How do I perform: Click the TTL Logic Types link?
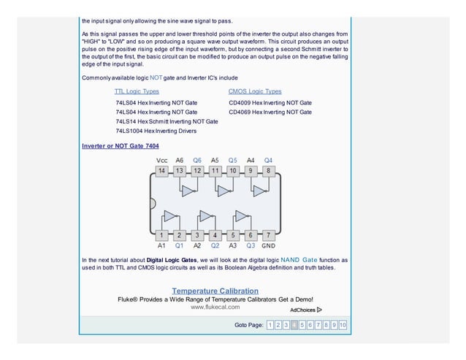137,91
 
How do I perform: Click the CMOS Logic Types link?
254,91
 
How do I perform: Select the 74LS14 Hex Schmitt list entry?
167,121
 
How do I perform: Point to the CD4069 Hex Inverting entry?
270,112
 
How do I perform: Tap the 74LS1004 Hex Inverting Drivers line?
156,131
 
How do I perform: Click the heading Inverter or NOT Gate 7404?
120,146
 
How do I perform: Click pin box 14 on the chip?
161,171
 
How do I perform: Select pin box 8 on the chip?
268,171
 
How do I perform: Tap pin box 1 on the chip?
161,235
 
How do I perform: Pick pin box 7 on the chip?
268,235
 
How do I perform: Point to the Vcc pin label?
161,159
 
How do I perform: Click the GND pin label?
268,246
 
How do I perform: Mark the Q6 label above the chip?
197,159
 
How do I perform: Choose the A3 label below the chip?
233,246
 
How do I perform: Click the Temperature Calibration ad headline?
215,291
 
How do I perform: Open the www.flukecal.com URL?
215,307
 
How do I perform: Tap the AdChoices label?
305,310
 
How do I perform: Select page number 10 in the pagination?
343,325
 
